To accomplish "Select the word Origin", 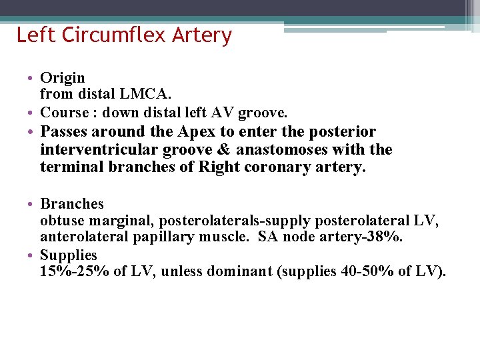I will tap(63, 79).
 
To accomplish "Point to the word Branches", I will tap(72, 203).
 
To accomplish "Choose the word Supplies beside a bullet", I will tap(68, 255).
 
